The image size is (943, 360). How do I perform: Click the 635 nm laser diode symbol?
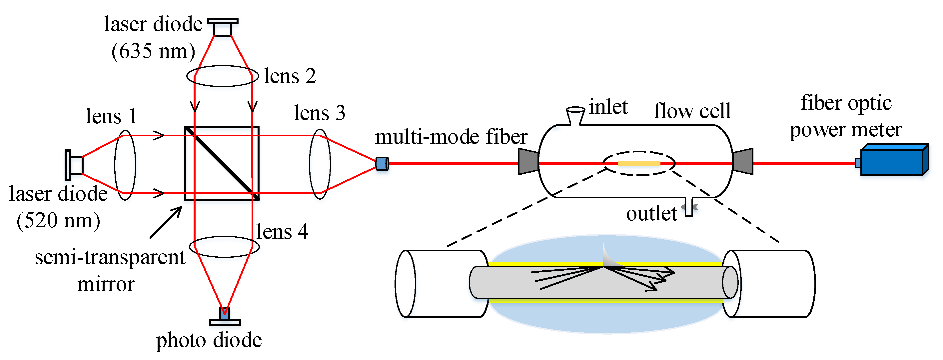click(223, 27)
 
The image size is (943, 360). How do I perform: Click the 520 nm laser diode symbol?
click(74, 165)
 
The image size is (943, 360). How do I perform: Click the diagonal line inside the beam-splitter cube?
click(222, 163)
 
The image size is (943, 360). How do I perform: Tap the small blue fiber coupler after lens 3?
click(382, 163)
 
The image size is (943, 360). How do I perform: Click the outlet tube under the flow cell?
click(688, 207)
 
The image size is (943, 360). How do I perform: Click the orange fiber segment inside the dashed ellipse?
click(639, 163)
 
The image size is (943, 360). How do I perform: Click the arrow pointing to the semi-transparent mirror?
click(166, 222)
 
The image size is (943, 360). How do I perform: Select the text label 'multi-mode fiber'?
click(451, 137)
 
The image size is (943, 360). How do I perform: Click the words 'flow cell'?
click(692, 111)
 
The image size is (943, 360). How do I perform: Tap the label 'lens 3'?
click(320, 113)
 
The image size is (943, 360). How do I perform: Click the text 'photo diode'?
click(209, 340)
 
